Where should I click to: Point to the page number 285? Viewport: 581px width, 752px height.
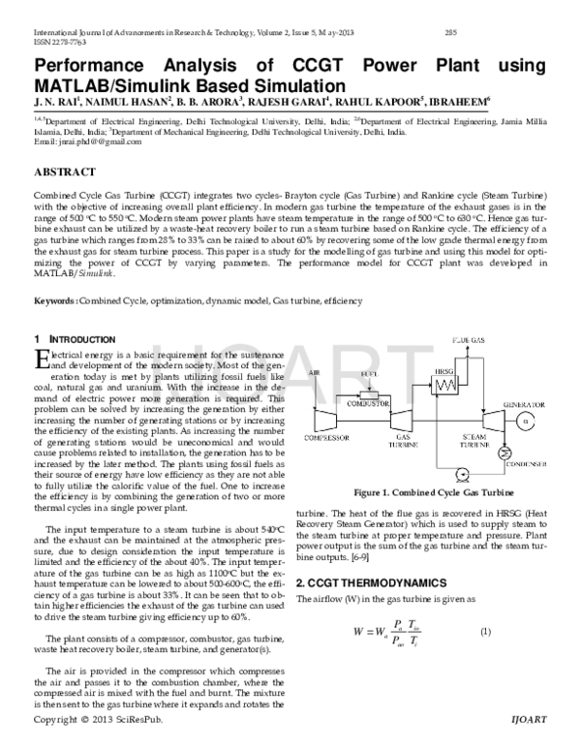(449, 32)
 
